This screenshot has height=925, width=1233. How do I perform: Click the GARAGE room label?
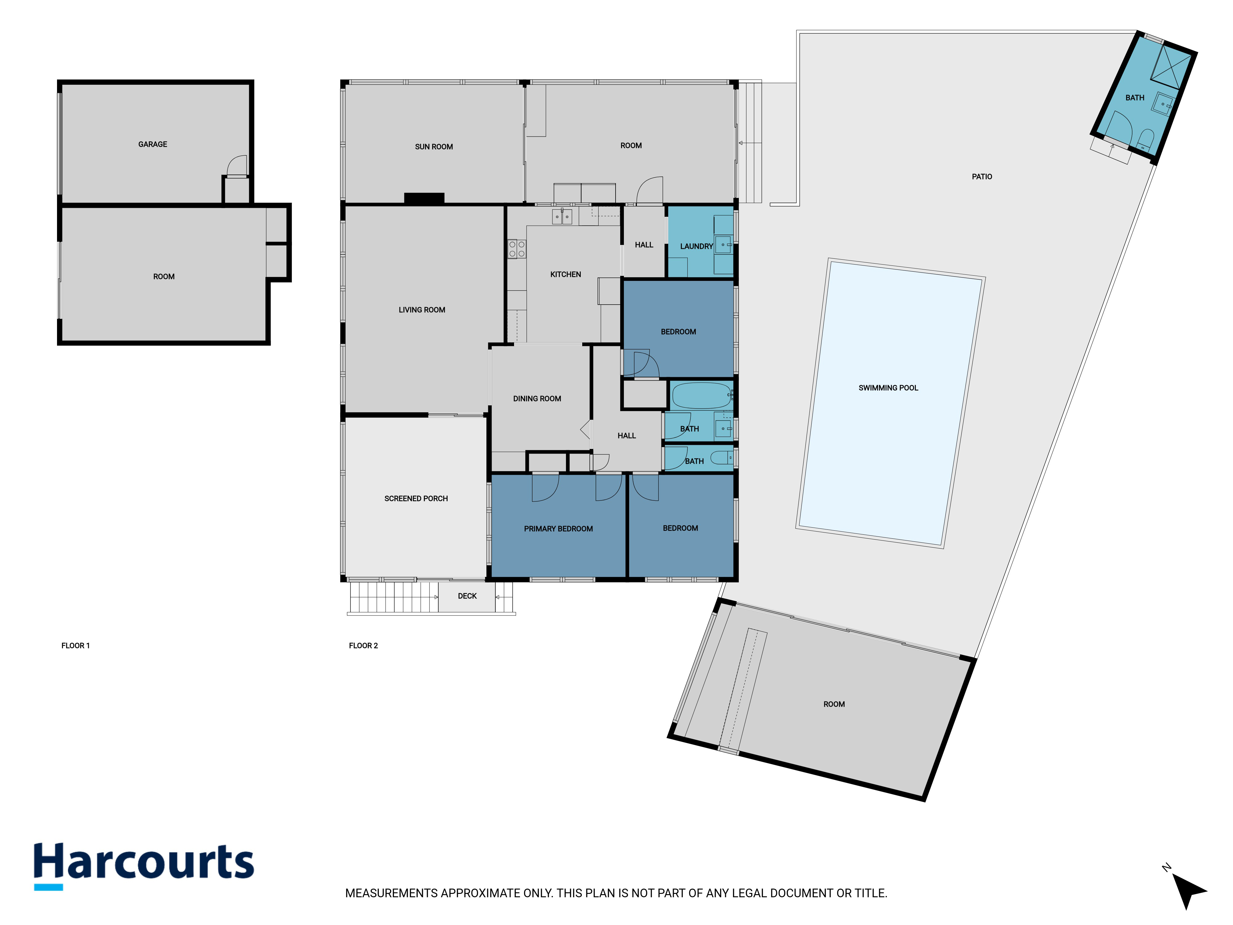(153, 144)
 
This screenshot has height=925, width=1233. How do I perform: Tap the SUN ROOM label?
(434, 147)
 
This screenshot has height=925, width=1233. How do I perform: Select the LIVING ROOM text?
(422, 310)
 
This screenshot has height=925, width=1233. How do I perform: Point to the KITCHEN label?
(565, 274)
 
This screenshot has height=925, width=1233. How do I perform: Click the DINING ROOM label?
(537, 399)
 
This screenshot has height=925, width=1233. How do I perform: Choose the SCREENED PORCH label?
(416, 499)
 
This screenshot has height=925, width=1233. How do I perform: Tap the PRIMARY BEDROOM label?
(558, 528)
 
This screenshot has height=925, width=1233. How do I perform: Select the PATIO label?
(981, 177)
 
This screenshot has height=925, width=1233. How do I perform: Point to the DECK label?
(467, 596)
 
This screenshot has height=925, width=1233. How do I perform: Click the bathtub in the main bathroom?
(702, 396)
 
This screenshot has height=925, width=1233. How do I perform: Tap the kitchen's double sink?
(562, 216)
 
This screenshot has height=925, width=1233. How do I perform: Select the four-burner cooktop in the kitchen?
(517, 249)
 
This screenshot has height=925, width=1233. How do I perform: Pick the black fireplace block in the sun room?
(424, 198)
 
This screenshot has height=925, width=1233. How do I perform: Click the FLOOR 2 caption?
(363, 646)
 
